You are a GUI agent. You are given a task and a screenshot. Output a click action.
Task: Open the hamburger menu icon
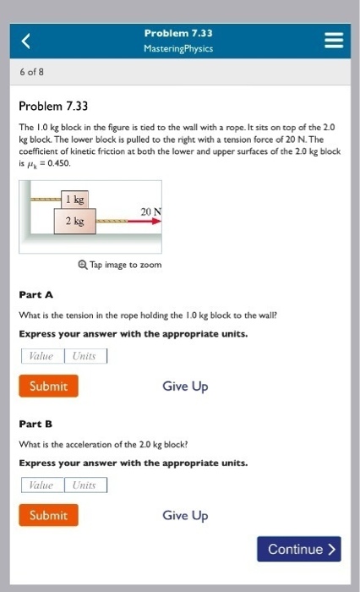pos(334,40)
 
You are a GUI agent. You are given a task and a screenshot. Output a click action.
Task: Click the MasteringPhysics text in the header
pos(178,49)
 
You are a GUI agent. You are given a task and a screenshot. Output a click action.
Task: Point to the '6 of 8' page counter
pos(33,72)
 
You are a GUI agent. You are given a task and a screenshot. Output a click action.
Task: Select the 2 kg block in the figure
pos(74,221)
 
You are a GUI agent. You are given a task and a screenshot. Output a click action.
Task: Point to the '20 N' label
pos(149,211)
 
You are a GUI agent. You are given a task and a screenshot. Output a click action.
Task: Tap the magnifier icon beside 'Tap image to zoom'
pos(81,265)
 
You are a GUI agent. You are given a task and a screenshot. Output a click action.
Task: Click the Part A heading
pos(36,294)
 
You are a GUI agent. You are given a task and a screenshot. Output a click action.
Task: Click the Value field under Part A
pos(41,356)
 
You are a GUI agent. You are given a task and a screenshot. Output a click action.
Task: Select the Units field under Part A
pos(85,356)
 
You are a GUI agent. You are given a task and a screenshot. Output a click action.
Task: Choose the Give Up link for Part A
pos(185,386)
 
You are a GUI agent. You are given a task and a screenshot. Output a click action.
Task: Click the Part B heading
pos(36,424)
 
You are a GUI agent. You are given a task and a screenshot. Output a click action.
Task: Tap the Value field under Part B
pos(41,485)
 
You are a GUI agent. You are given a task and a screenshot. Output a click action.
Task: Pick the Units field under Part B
pos(85,485)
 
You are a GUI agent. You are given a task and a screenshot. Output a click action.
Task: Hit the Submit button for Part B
pos(48,515)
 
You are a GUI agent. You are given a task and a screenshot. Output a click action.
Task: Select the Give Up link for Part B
pos(185,515)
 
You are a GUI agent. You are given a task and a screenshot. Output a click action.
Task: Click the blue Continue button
pos(300,550)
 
